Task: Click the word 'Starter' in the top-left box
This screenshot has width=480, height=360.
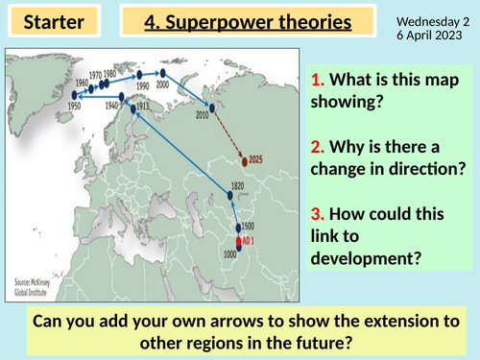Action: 46,21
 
